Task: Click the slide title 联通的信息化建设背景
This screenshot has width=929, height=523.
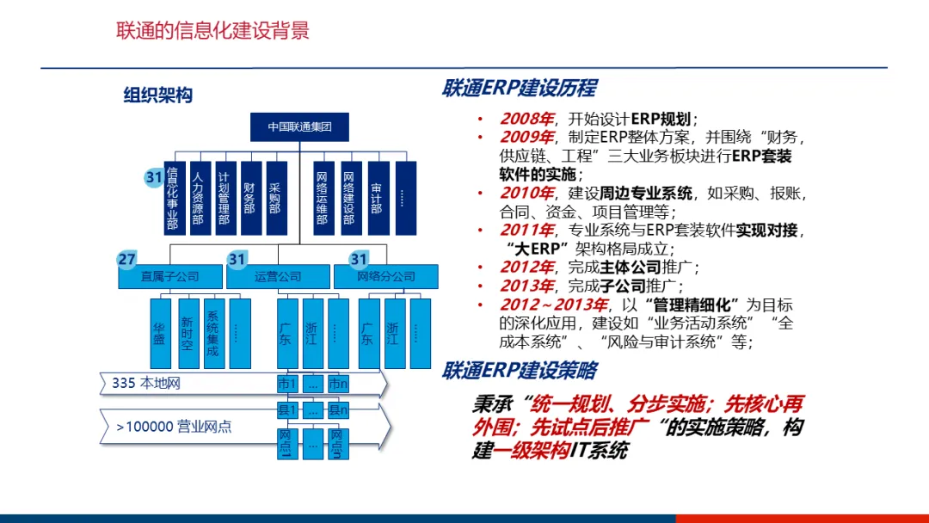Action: coord(212,32)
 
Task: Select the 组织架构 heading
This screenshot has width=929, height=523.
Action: coord(157,95)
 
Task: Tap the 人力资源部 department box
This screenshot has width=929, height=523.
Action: coord(199,198)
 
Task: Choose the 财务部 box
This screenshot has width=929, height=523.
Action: coord(249,198)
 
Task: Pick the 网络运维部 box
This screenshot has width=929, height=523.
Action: coord(323,198)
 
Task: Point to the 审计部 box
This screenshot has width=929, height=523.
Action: coord(377,198)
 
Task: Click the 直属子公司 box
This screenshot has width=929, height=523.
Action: coord(169,277)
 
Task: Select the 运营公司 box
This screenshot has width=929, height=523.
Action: coord(278,277)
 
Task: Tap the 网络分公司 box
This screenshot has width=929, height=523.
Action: coord(386,277)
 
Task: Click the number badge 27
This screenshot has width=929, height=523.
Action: coord(127,259)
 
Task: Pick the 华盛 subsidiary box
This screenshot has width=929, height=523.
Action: coord(160,334)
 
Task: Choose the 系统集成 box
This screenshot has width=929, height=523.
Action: coord(213,334)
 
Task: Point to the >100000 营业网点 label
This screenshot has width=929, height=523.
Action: coord(174,426)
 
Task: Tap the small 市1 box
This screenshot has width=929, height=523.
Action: coord(287,384)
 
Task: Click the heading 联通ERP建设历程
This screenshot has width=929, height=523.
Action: coord(519,89)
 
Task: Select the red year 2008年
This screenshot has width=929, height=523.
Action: coord(527,119)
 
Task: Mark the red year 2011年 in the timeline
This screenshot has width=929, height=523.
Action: coord(527,231)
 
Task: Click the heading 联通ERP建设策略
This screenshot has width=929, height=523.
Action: coord(519,372)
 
